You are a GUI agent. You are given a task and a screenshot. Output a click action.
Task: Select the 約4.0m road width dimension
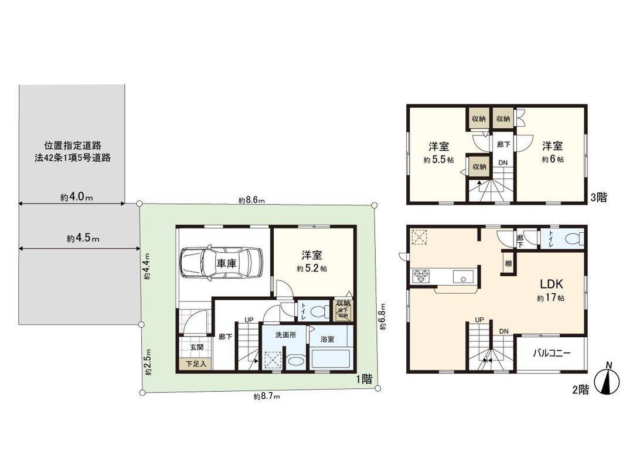(77, 198)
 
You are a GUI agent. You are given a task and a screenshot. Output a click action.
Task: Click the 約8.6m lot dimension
(252, 200)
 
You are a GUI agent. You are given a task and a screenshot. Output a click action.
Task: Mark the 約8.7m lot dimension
(267, 397)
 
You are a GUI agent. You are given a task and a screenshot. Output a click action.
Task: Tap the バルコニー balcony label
(551, 353)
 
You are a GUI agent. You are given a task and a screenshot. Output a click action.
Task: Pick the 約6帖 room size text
(552, 160)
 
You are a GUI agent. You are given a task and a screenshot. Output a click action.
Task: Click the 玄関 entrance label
(196, 347)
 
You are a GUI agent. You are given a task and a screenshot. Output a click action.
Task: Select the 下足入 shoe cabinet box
(196, 364)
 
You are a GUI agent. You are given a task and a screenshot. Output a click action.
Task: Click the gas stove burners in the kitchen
(421, 276)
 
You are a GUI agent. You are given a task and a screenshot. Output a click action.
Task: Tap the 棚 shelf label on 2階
(508, 263)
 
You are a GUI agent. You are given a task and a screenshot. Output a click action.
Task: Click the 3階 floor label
(598, 198)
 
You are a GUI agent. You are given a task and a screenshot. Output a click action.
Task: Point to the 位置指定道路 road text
(73, 145)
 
